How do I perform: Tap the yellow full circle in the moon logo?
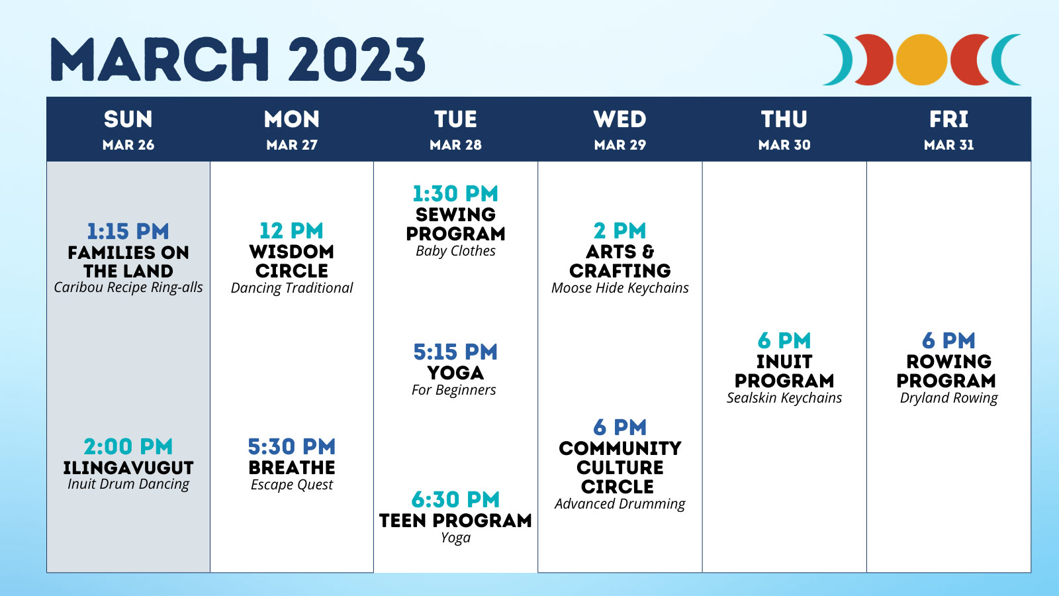tap(921, 60)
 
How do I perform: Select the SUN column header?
tap(128, 119)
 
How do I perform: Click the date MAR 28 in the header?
tap(455, 145)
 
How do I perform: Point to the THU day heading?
tap(784, 119)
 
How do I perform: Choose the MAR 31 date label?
tap(949, 145)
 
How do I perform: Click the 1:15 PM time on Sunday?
tap(128, 231)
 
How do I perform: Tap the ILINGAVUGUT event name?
tap(128, 468)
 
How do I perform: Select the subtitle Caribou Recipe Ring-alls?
tap(128, 287)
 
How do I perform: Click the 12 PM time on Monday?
tap(292, 231)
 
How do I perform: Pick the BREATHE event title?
tap(292, 468)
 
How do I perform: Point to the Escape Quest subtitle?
tap(292, 485)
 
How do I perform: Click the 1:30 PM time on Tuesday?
tap(455, 193)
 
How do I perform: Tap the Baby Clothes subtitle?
tap(455, 251)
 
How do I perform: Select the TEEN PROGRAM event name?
tap(455, 521)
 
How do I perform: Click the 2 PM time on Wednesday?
tap(620, 231)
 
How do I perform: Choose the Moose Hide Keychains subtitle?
tap(620, 288)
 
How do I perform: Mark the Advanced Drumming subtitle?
tap(620, 504)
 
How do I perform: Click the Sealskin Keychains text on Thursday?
tap(784, 398)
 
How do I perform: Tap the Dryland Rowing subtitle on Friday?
tap(949, 398)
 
